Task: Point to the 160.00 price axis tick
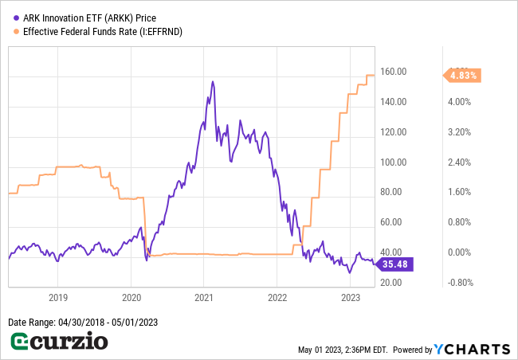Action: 394,72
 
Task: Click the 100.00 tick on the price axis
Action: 394,162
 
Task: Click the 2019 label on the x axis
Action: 58,298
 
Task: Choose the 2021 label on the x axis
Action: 204,298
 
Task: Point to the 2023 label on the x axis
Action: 351,298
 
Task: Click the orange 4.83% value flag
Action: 463,75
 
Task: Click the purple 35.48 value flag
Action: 395,264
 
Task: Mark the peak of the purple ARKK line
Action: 212,81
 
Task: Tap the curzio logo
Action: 59,342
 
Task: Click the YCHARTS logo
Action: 473,350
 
